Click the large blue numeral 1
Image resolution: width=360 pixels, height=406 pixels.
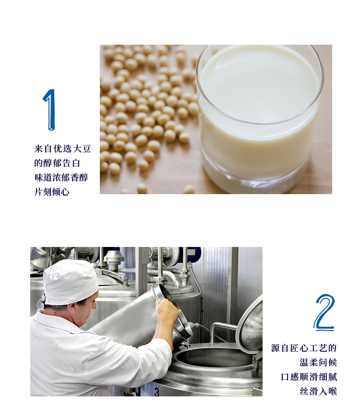pos(49,110)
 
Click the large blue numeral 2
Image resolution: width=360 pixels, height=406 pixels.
pos(324,313)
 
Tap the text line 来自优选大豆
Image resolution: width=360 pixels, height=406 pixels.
pos(62,148)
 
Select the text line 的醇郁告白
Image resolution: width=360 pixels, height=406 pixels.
pos(57,163)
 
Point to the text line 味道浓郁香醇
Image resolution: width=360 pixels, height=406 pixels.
pos(61,177)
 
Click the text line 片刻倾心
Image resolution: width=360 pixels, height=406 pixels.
pos(52,192)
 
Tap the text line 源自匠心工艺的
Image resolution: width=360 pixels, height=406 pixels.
pos(304,348)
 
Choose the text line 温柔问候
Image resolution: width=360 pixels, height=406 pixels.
pos(318,362)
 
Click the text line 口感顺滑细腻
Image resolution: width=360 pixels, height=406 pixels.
pos(309,377)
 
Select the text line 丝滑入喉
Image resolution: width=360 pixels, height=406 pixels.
pos(318,391)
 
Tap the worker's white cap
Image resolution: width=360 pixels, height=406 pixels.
pos(70,282)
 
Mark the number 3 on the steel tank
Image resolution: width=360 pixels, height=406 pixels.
pos(157,392)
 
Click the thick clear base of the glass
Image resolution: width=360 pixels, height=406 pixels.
pos(256,176)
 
